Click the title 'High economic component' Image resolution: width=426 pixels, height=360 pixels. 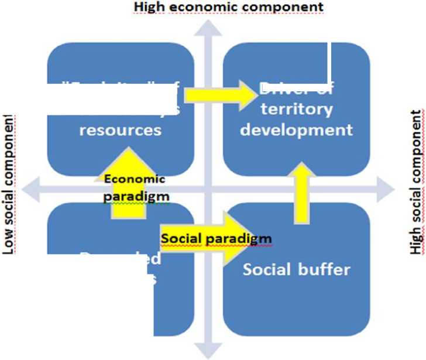click(x=237, y=7)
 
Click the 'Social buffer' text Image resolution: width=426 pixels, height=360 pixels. click(x=296, y=270)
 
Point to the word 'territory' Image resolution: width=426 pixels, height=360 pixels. click(x=296, y=109)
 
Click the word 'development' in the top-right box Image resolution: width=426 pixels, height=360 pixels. click(x=296, y=129)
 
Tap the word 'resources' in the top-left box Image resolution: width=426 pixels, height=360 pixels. click(x=120, y=129)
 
